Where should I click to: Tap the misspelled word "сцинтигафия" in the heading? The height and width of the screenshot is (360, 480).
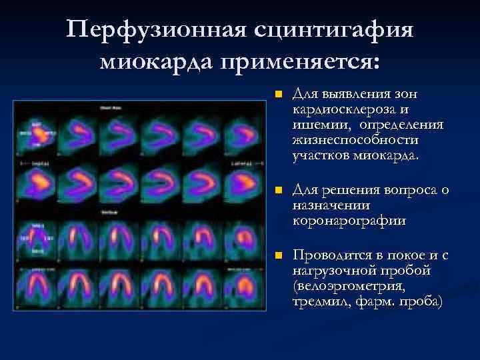[x=333, y=31]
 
